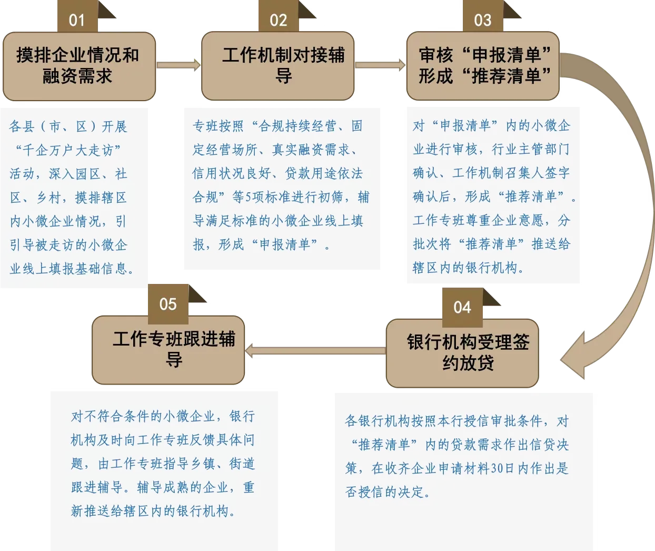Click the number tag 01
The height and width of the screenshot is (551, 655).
point(77,16)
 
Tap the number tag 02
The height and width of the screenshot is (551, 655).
point(279,16)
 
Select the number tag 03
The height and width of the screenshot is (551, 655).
point(483,16)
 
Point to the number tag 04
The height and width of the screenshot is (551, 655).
point(462,308)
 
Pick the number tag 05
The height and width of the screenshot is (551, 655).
point(168,304)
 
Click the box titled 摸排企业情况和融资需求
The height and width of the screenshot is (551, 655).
point(80,66)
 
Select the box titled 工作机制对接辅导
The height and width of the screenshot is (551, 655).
point(278,66)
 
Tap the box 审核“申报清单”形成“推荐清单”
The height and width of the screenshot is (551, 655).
point(483,66)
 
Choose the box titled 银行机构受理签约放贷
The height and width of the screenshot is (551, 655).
point(462,353)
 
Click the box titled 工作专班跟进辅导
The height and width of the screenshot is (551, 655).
point(168,350)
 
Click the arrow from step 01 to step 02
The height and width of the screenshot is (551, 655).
point(178,65)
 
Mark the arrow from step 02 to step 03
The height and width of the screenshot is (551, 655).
point(380,65)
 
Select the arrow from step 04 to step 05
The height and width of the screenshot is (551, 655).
point(315,351)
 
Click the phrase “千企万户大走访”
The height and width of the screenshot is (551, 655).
point(68,151)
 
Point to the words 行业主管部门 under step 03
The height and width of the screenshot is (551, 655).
point(531,149)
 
